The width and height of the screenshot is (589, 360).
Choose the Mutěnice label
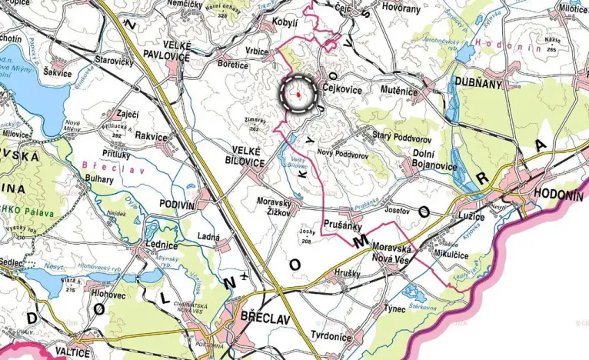pos(401,91)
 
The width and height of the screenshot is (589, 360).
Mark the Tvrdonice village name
pos(331,336)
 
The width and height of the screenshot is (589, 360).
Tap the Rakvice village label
pos(151,136)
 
